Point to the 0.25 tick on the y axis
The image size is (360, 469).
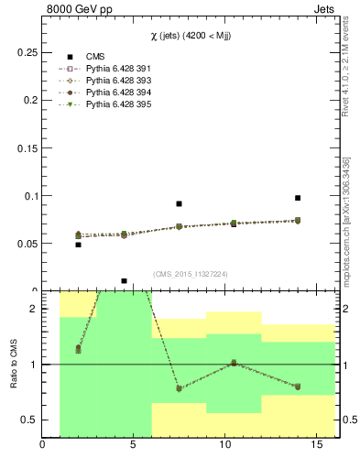[27, 53]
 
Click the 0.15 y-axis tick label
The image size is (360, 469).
[27, 148]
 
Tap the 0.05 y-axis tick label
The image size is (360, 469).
[27, 244]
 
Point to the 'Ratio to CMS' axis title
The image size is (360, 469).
[15, 364]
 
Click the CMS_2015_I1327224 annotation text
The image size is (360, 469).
[190, 273]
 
